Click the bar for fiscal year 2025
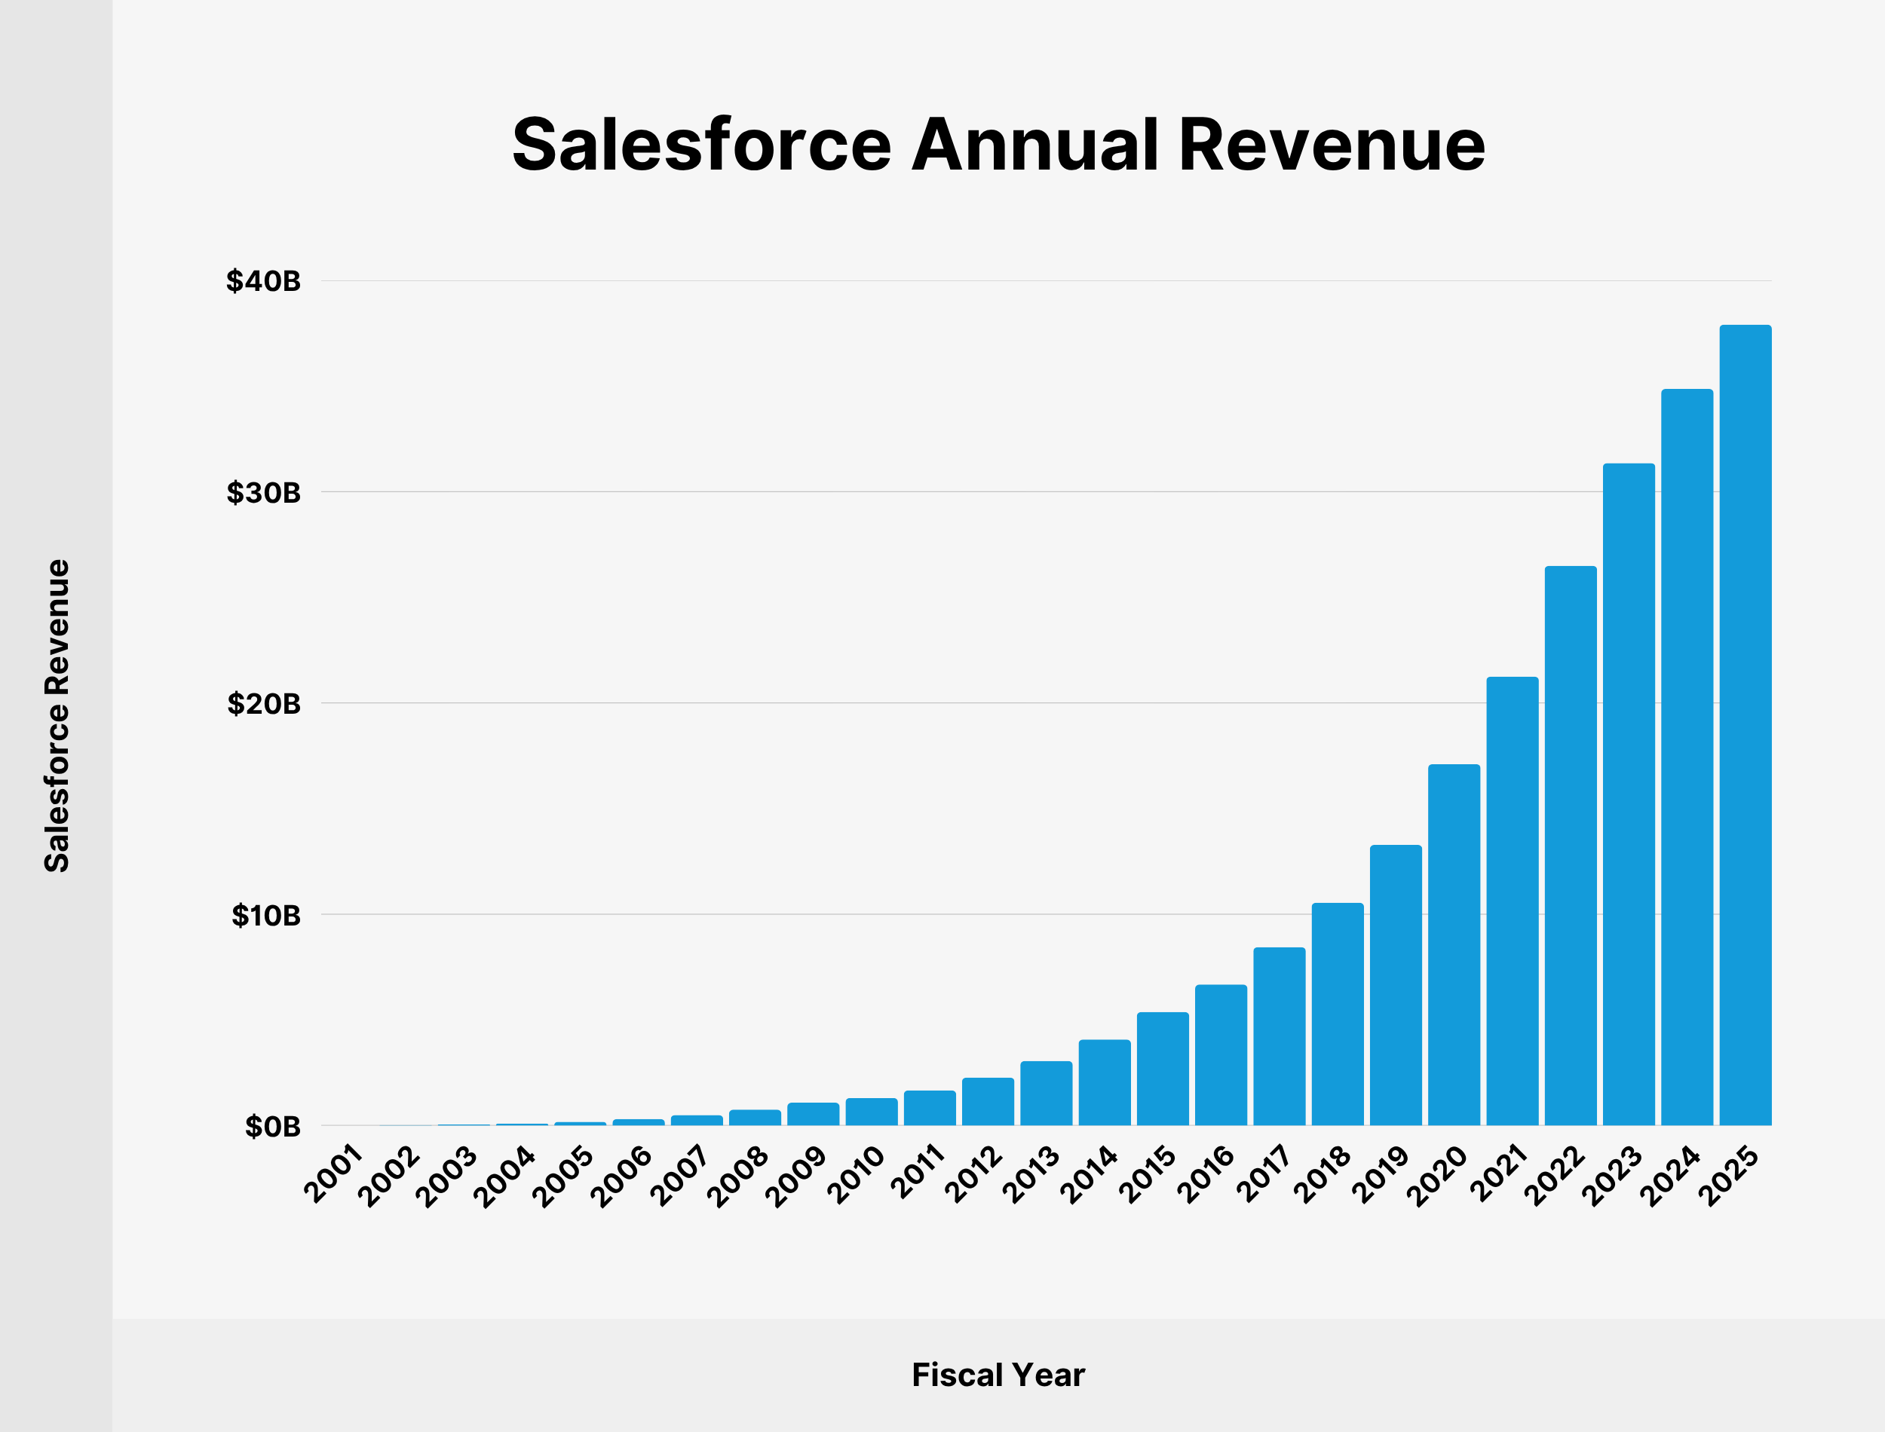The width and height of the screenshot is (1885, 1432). (1746, 724)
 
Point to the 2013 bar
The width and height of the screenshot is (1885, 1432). (1046, 1093)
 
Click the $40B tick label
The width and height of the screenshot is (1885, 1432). (263, 281)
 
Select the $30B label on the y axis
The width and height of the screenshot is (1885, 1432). (263, 493)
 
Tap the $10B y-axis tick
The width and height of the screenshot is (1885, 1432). (266, 916)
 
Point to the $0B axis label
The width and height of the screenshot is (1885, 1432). (273, 1127)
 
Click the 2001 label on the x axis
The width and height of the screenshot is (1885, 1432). (334, 1174)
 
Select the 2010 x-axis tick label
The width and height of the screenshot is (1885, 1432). (857, 1174)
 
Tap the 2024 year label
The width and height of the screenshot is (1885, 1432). (1672, 1177)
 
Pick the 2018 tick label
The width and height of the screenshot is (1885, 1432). (1323, 1174)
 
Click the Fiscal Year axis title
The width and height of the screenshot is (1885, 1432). (998, 1375)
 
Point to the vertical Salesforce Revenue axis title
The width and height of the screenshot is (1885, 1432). (57, 715)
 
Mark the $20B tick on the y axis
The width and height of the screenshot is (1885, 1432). (263, 704)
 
